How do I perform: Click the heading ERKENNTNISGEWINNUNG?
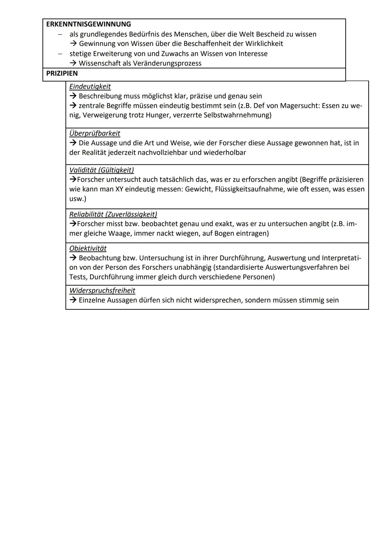(x=89, y=24)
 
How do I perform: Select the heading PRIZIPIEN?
(x=62, y=73)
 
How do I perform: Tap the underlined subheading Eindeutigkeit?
(x=90, y=86)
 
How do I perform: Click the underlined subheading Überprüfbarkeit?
(x=94, y=133)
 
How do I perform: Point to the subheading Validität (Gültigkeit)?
(x=101, y=170)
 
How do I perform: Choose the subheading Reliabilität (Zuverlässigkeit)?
(x=113, y=214)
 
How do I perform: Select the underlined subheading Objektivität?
(x=88, y=248)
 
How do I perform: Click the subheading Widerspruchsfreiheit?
(x=102, y=290)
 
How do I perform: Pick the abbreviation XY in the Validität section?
(x=119, y=189)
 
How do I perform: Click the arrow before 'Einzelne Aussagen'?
(x=73, y=300)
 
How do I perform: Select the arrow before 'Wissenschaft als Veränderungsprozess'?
(x=73, y=63)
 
